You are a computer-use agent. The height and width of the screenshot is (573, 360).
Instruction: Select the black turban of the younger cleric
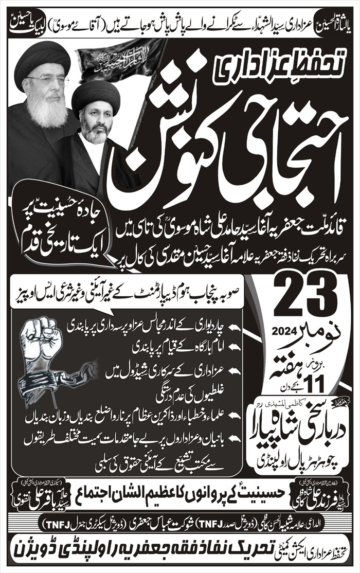[x=96, y=98]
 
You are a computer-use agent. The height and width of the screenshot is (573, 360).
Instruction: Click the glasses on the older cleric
[x=49, y=81]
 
